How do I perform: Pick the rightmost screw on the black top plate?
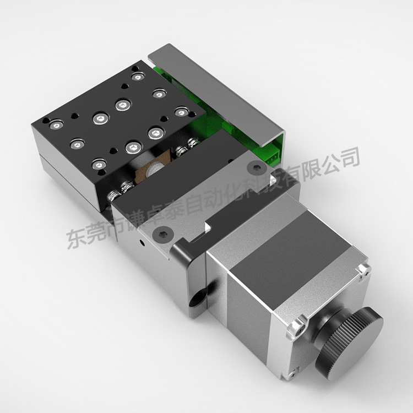[181, 112]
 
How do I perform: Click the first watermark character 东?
[77, 238]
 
